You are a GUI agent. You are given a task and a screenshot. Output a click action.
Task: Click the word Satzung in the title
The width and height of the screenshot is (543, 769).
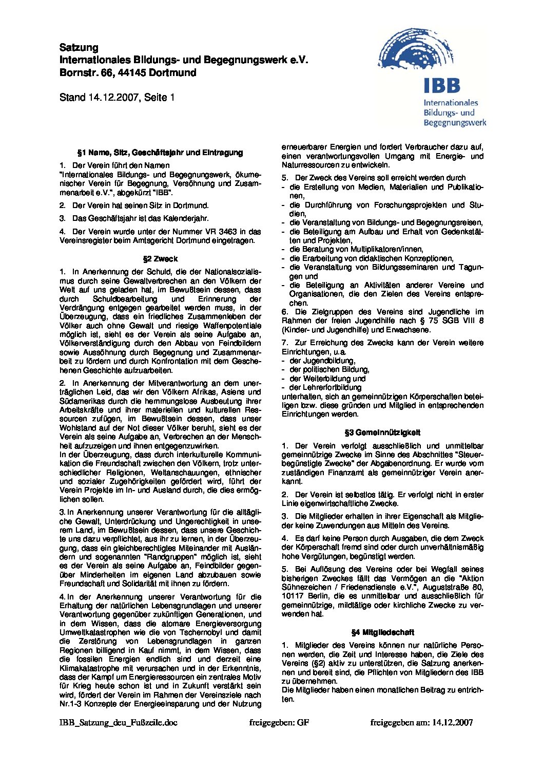point(79,48)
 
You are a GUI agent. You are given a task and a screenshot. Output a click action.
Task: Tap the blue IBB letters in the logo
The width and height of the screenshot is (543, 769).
point(442,85)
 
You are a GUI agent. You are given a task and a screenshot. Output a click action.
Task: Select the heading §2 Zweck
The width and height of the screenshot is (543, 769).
point(160,259)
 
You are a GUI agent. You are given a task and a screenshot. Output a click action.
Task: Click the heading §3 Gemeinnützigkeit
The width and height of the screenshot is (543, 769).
point(383,433)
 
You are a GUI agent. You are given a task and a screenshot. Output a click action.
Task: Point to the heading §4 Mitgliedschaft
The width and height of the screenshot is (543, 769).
point(382,632)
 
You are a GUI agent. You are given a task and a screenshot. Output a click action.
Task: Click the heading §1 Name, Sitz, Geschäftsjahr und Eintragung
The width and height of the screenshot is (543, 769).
point(160,153)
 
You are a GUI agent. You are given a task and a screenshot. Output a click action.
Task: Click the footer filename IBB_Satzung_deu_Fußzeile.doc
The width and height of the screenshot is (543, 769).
point(119,722)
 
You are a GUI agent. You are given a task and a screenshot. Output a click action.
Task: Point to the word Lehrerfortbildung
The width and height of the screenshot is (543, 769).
point(325,387)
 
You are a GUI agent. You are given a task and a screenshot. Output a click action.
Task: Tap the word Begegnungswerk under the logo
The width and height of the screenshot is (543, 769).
point(455,123)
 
